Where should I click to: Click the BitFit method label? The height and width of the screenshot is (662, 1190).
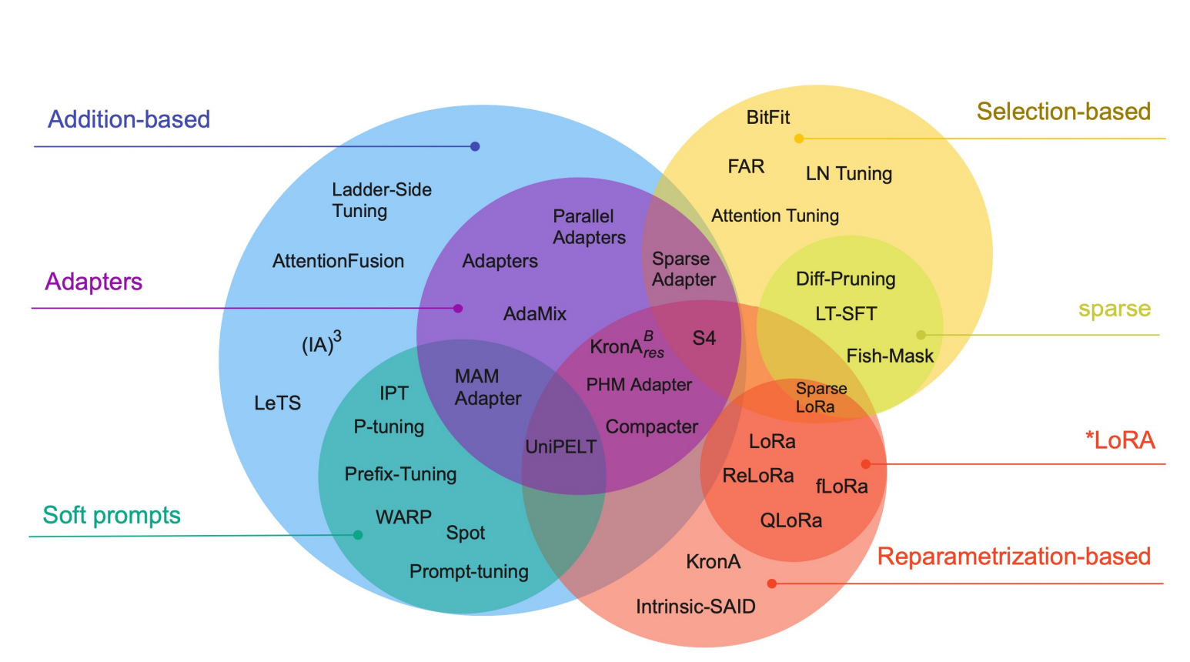[x=767, y=117]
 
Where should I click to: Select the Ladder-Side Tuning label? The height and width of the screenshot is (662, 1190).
[x=381, y=200]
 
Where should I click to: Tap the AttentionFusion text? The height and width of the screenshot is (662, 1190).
[x=338, y=261]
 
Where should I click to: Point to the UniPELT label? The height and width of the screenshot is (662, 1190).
[x=560, y=446]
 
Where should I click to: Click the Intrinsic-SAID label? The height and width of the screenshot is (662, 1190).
[x=695, y=607]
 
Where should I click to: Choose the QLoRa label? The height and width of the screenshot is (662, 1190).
[x=791, y=520]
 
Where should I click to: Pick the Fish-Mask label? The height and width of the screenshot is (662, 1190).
[x=889, y=356]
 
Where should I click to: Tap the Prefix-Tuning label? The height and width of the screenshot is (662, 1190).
[x=400, y=474]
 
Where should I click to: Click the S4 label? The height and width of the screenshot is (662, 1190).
[x=704, y=338]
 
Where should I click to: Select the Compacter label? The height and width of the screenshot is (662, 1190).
[x=651, y=426]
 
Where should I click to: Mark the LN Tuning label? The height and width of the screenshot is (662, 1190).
[x=848, y=173]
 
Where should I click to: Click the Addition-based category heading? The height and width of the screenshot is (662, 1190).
[x=129, y=119]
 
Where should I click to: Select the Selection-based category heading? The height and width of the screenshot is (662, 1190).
[x=1063, y=112]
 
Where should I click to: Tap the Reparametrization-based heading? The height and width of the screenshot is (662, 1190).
[x=1013, y=556]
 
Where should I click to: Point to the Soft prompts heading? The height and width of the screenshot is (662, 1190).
[x=112, y=515]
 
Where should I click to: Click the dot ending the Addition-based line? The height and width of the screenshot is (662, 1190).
[x=475, y=146]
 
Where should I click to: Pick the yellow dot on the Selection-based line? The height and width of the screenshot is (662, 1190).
[x=799, y=139]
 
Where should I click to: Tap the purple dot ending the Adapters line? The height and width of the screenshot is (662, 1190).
[x=458, y=308]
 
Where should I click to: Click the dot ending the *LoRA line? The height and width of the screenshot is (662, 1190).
[x=866, y=464]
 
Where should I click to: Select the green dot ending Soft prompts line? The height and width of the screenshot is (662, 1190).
[x=358, y=535]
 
